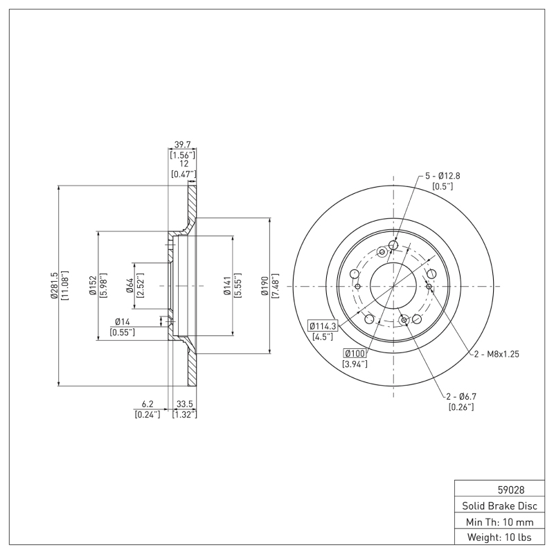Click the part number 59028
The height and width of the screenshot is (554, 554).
(x=500, y=489)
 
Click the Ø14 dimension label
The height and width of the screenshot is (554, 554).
(x=122, y=321)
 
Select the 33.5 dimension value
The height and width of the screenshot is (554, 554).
(x=184, y=404)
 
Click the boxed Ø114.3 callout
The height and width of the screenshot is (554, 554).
(x=322, y=325)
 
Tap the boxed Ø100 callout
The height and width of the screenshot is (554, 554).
(x=355, y=353)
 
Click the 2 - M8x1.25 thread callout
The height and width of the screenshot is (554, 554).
(x=497, y=353)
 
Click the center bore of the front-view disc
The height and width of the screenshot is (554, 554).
(x=393, y=285)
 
